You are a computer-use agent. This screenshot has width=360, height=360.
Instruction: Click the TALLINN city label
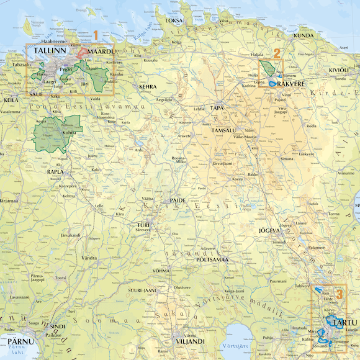pos(50,50)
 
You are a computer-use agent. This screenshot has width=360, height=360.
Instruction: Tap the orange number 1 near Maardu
pos(96,36)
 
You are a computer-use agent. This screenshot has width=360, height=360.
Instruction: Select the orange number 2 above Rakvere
pos(277,53)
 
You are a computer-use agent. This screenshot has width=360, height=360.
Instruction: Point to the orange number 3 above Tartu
pos(338,294)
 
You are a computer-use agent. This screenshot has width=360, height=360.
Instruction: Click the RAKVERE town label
pos(290,84)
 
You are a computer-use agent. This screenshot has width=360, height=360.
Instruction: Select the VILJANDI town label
pos(190,341)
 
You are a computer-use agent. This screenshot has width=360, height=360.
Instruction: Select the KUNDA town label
pos(304,35)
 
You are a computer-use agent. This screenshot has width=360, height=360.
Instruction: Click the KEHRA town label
pos(147,87)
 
